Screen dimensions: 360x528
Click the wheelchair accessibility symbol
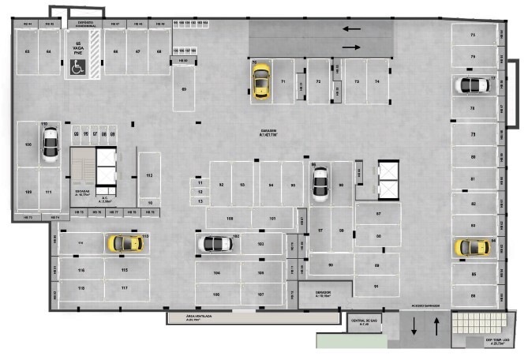(x=79, y=69)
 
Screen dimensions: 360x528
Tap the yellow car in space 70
(x=260, y=82)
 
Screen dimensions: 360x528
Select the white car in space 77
(x=474, y=85)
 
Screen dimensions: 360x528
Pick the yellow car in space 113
(x=125, y=244)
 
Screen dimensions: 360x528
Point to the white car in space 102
(x=215, y=245)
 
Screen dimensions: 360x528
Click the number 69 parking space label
(x=184, y=89)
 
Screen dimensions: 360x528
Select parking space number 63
(x=27, y=52)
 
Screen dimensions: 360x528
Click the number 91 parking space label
(x=376, y=286)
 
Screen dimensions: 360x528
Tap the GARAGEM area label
(x=270, y=133)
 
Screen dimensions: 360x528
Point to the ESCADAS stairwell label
(x=82, y=192)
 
